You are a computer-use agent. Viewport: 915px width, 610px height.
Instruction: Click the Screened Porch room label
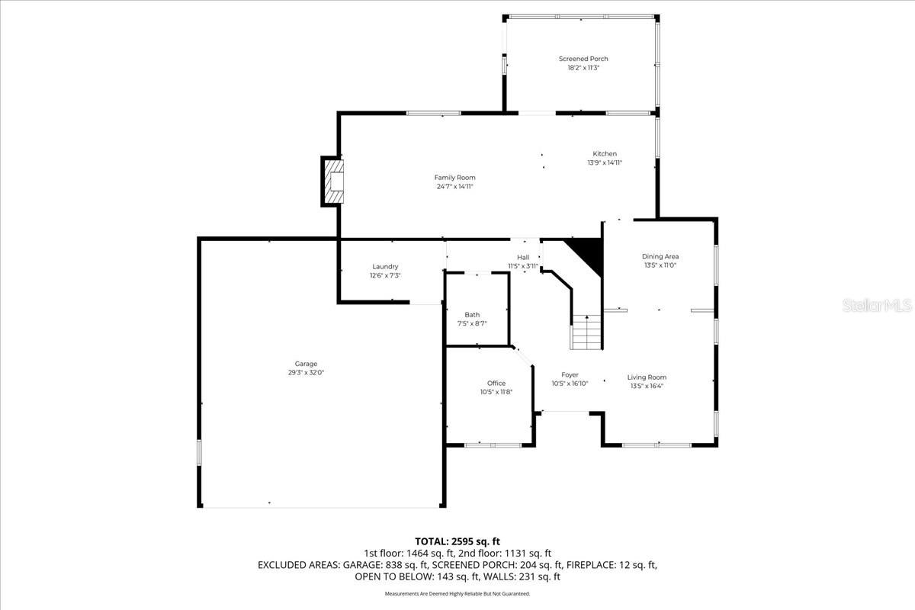pos(583,59)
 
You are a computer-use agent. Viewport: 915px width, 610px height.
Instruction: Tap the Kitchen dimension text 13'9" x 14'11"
pos(605,162)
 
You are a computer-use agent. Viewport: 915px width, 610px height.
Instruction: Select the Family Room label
pos(454,178)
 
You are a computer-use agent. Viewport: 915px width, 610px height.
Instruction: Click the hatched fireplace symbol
pos(334,181)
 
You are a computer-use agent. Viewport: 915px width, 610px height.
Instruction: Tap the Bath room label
pos(472,315)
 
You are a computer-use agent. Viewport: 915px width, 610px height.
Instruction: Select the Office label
pos(496,384)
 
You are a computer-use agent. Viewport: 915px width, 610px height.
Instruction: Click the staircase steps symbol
pos(586,332)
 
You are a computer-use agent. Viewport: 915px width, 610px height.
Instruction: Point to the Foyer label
pos(570,374)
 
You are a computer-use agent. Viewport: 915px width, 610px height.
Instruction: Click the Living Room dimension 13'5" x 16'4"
pos(647,386)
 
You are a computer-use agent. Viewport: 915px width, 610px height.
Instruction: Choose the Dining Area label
pos(660,256)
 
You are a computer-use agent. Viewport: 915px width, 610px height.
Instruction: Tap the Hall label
pos(523,257)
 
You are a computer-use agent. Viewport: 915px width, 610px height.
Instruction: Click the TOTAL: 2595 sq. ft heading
pos(457,541)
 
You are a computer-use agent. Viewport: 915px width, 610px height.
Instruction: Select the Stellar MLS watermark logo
pos(878,306)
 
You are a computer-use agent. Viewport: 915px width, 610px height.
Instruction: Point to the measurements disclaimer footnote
pos(457,593)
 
